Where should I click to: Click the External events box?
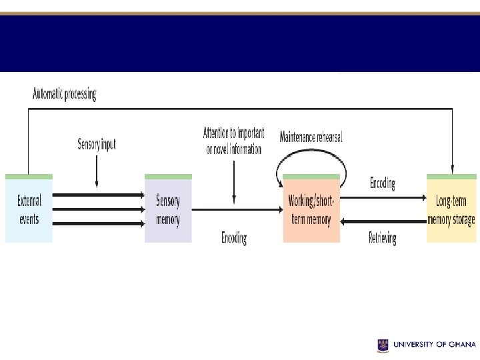[x=29, y=209]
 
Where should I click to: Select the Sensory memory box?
[x=168, y=209]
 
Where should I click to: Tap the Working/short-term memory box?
[x=311, y=209]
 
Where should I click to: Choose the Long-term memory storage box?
[x=451, y=209]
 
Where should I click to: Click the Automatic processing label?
[x=65, y=94]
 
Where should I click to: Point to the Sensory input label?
[x=97, y=144]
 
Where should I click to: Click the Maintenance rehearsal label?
[x=311, y=137]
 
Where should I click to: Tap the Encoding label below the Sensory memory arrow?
[x=234, y=237]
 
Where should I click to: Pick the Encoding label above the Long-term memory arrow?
[x=383, y=183]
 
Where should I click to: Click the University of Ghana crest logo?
[x=383, y=345]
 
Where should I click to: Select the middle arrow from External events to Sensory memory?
[x=98, y=209]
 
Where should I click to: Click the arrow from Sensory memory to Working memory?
[x=237, y=209]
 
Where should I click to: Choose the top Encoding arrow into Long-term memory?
[x=383, y=197]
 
